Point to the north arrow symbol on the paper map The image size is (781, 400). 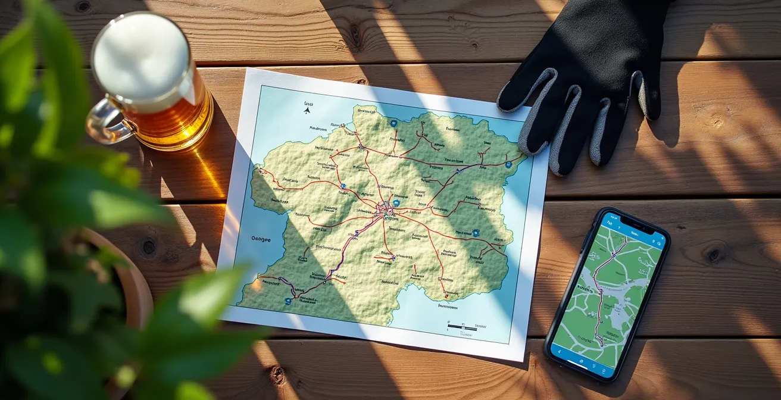click(x=307, y=110)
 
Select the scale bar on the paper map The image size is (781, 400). click(x=463, y=326)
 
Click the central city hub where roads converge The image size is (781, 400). click(x=386, y=209)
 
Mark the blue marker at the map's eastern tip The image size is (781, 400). click(x=508, y=164)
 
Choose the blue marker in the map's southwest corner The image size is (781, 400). click(x=288, y=301)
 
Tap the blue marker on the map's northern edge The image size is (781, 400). click(x=393, y=123)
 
